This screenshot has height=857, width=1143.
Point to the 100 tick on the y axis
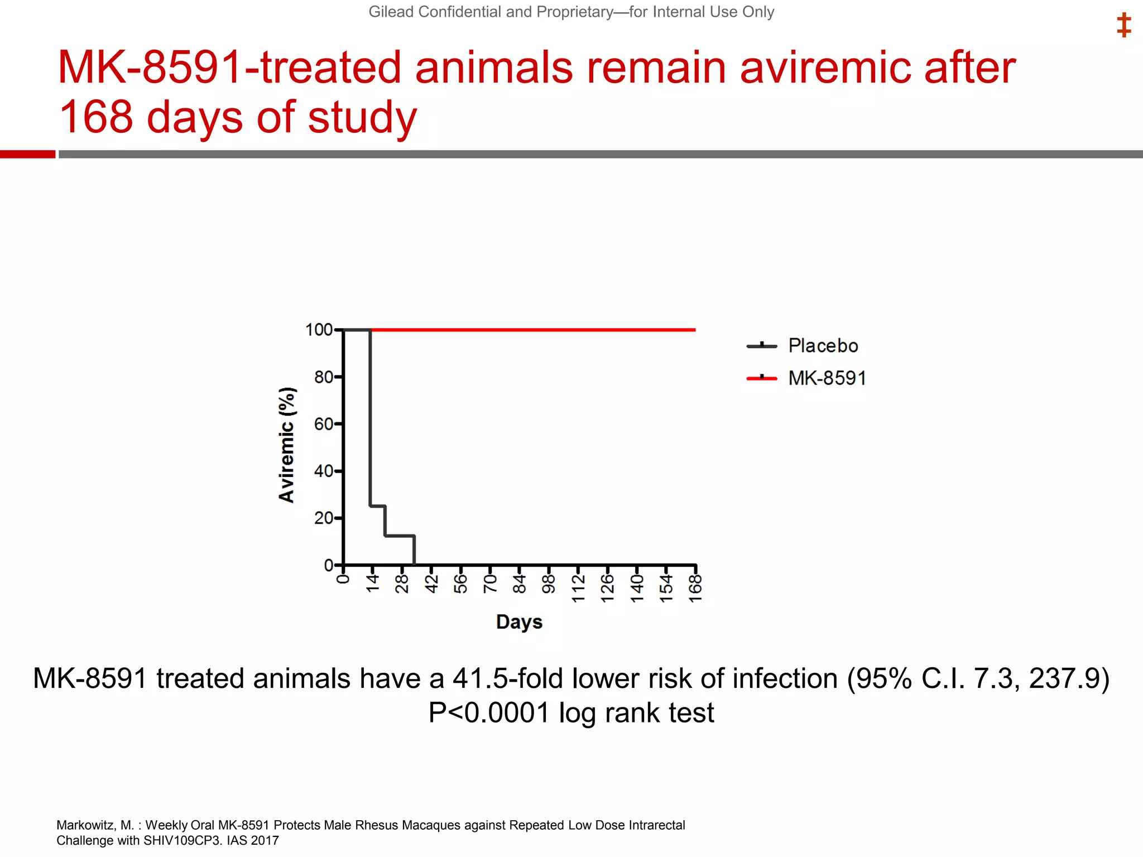(x=319, y=330)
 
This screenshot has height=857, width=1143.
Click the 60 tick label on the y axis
(x=323, y=425)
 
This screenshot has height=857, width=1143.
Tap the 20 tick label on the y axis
(x=323, y=518)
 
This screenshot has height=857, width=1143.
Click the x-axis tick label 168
(x=695, y=589)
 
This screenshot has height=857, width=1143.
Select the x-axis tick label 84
(x=520, y=585)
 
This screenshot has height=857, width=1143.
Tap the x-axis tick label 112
(x=578, y=589)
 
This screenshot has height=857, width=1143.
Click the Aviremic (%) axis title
(x=287, y=445)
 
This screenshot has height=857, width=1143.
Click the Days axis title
(x=519, y=622)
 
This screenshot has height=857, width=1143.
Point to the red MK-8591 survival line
(x=530, y=330)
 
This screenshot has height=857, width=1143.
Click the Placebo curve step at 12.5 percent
(x=400, y=536)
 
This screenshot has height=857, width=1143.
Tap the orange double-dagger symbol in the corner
(x=1123, y=26)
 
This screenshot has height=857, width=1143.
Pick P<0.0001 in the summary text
(x=489, y=712)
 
